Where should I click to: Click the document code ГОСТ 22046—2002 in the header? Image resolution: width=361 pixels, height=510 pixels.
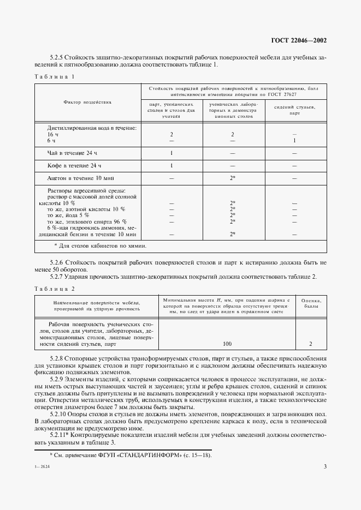pyautogui.click(x=300, y=40)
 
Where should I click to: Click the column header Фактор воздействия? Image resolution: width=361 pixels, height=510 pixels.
pyautogui.click(x=87, y=102)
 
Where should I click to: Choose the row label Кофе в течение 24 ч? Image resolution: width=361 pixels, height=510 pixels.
pyautogui.click(x=74, y=165)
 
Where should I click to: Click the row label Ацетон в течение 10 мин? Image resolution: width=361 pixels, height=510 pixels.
pyautogui.click(x=81, y=178)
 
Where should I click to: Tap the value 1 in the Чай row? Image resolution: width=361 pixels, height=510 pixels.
pyautogui.click(x=171, y=153)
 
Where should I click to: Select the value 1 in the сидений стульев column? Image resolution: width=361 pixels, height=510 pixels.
pyautogui.click(x=294, y=141)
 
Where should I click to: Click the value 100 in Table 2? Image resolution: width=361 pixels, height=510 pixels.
pyautogui.click(x=227, y=344)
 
